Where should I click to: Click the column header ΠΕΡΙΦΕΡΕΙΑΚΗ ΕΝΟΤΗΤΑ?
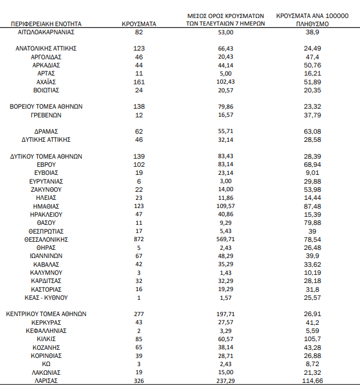46,24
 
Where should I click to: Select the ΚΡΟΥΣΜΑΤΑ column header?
138,24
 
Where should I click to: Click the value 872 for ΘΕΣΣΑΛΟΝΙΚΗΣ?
138,239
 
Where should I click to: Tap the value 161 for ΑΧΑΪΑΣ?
138,82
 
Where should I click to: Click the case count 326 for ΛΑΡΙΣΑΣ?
138,381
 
